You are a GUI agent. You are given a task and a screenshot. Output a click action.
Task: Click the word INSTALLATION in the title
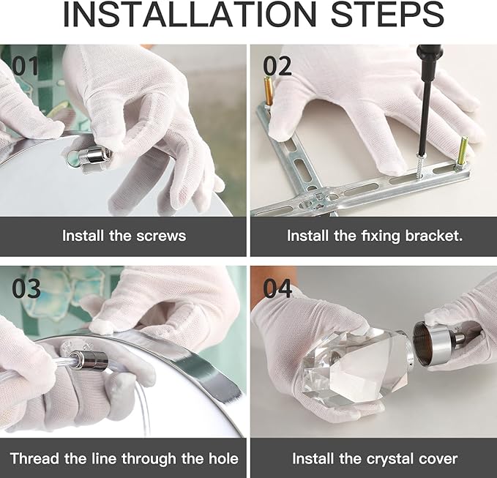190,14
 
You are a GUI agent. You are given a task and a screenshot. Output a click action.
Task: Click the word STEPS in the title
387,14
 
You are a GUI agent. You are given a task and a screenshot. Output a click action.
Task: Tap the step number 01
25,66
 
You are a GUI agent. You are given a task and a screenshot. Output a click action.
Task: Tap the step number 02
277,66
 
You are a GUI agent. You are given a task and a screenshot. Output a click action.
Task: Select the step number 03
26,288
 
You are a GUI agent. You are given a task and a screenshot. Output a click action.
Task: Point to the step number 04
277,288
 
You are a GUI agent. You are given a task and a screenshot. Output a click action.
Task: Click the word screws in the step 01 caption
161,236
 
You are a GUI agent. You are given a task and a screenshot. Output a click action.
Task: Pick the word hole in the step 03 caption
223,459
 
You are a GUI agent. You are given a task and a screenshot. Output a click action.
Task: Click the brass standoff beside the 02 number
268,92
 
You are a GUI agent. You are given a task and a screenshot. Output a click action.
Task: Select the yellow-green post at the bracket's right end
461,151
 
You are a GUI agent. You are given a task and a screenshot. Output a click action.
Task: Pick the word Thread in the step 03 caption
34,459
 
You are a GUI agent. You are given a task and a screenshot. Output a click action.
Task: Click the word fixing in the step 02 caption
381,236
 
